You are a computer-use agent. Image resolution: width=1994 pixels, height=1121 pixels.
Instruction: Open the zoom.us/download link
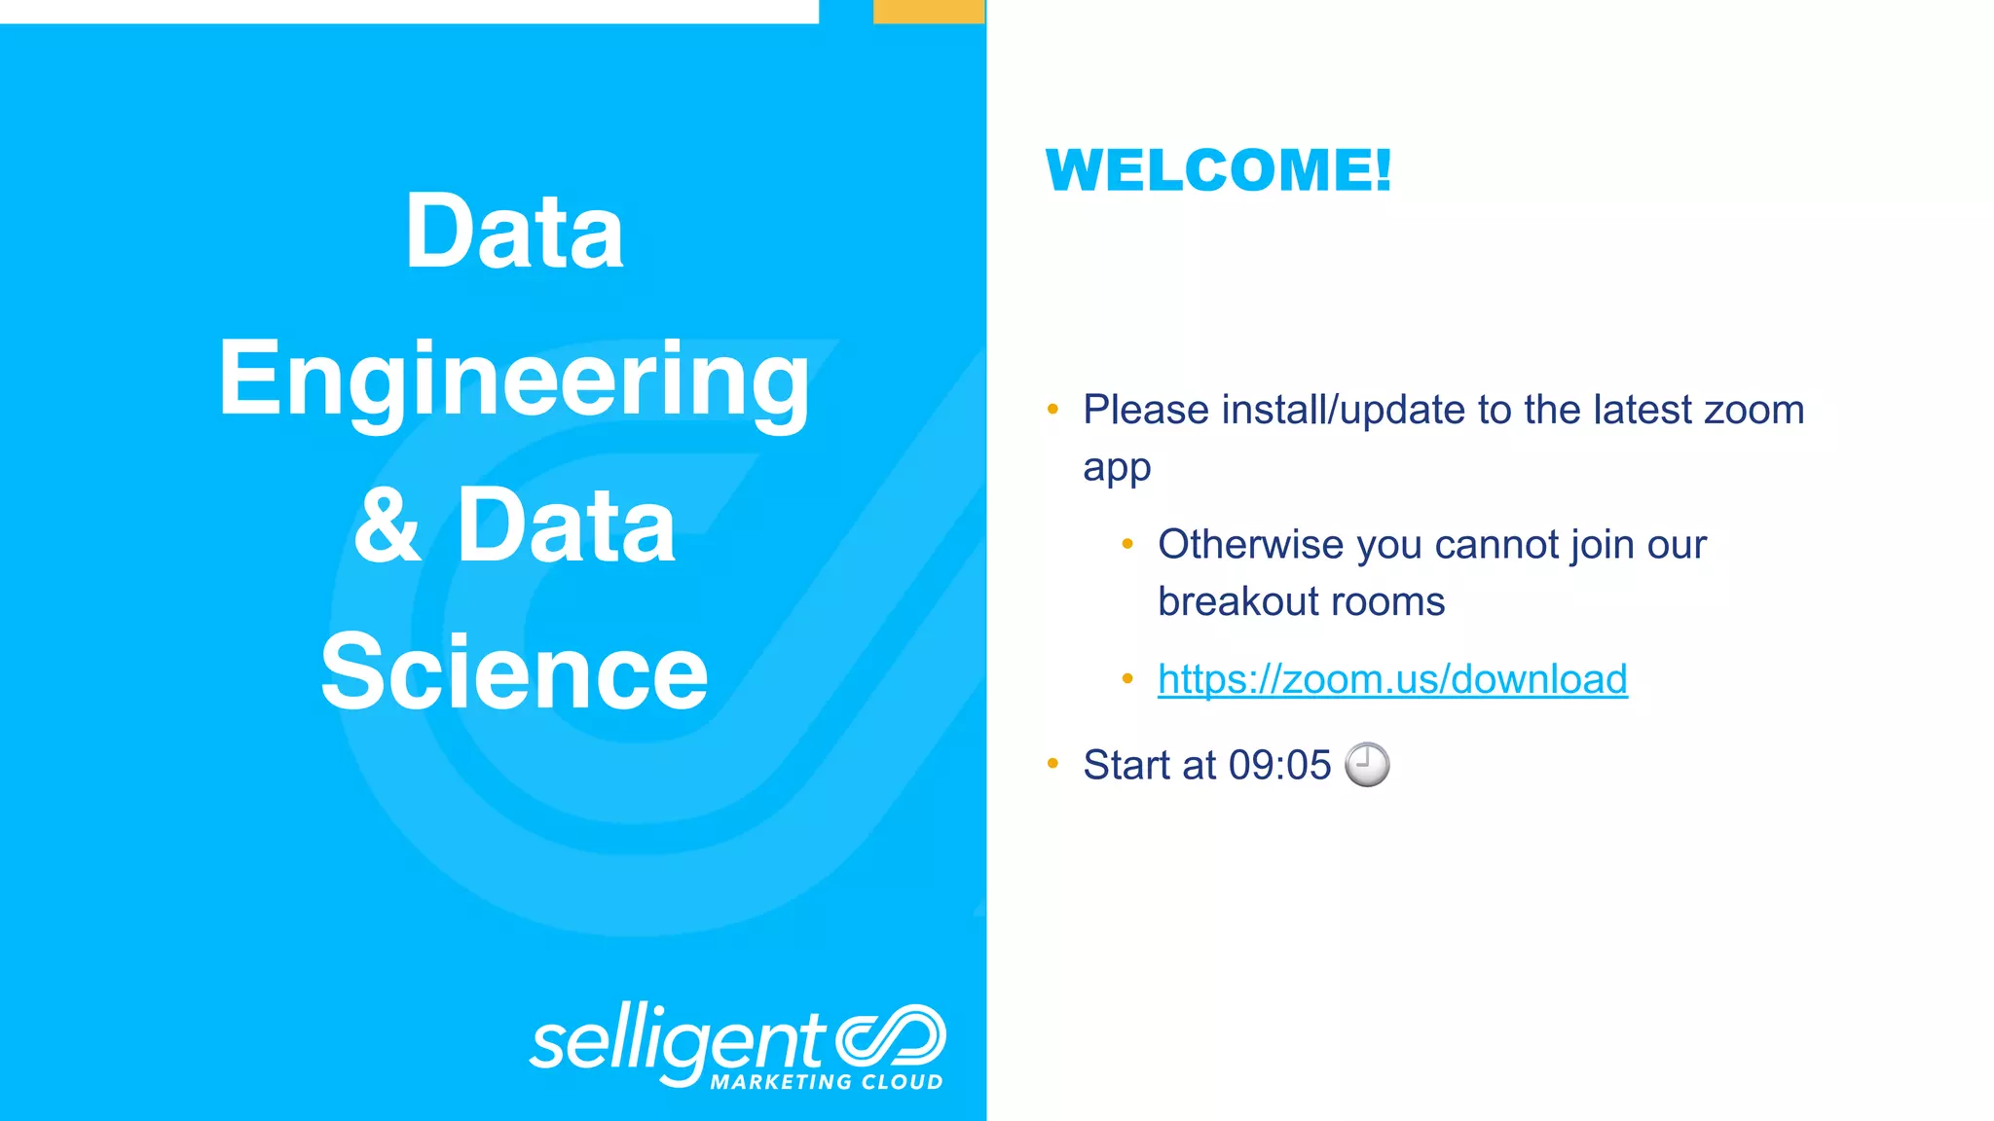point(1392,679)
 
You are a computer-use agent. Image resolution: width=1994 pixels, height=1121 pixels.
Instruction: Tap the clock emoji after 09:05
point(1367,764)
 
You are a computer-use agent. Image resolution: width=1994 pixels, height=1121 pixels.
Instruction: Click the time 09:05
point(1279,766)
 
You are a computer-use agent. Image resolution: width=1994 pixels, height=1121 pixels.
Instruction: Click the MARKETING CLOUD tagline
point(827,1082)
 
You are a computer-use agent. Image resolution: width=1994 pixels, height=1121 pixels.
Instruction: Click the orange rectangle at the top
point(929,12)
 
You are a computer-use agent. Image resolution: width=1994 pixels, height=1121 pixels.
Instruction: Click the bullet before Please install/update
point(1052,410)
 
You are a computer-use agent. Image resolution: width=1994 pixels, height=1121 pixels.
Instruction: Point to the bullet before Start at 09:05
point(1052,764)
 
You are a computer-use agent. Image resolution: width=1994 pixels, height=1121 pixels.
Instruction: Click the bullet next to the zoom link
point(1127,678)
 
